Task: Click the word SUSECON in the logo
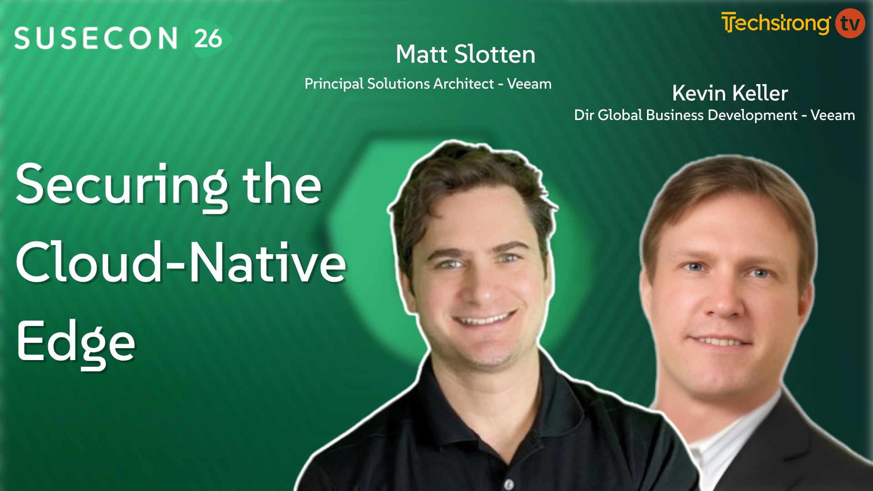[x=95, y=38]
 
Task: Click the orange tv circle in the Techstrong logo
[x=850, y=23]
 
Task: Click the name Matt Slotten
[x=465, y=55]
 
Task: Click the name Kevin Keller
[x=730, y=93]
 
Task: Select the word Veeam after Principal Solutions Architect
[x=529, y=84]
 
